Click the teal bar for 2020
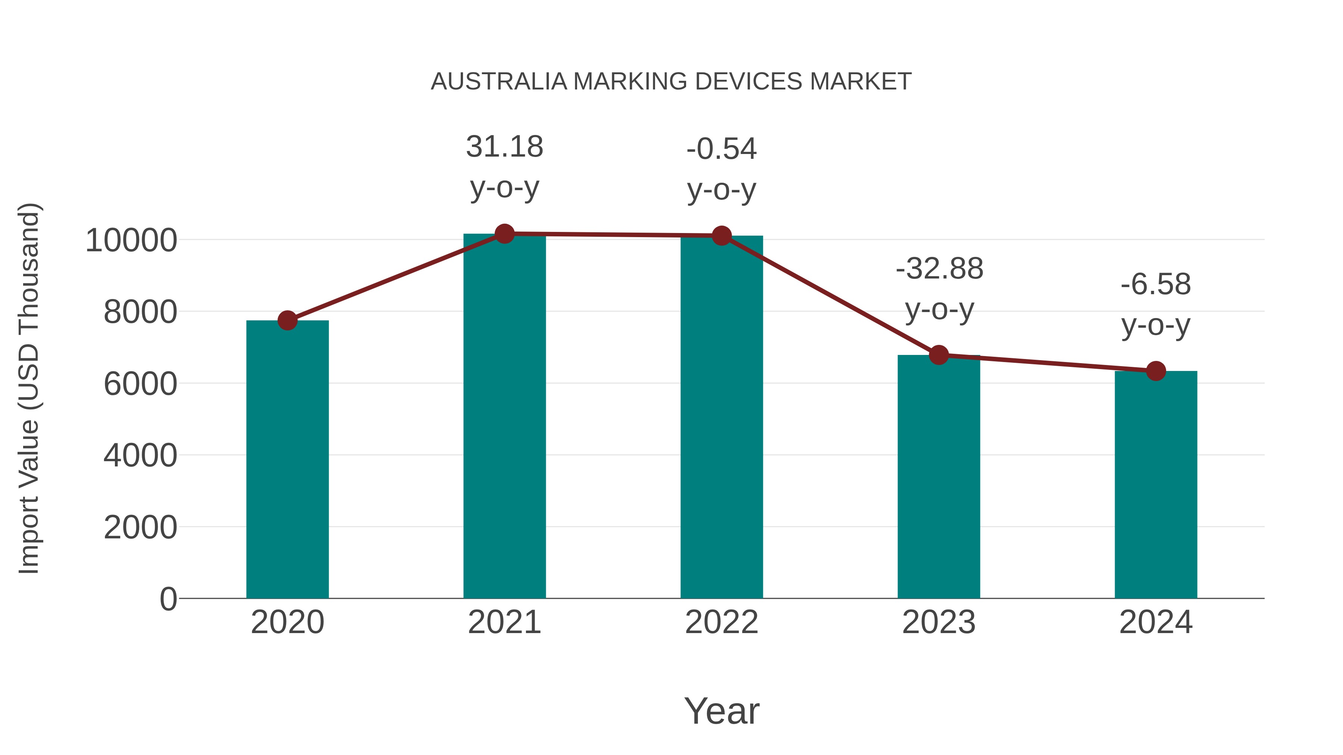287,459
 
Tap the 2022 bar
721,417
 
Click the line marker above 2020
287,320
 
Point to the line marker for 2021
504,234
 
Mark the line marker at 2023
939,355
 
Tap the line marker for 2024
1156,371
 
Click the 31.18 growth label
504,147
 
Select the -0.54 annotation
721,149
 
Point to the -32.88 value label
939,269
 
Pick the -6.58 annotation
1156,284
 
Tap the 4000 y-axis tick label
140,455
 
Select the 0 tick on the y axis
168,599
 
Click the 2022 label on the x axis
721,622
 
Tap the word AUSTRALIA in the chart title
499,82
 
